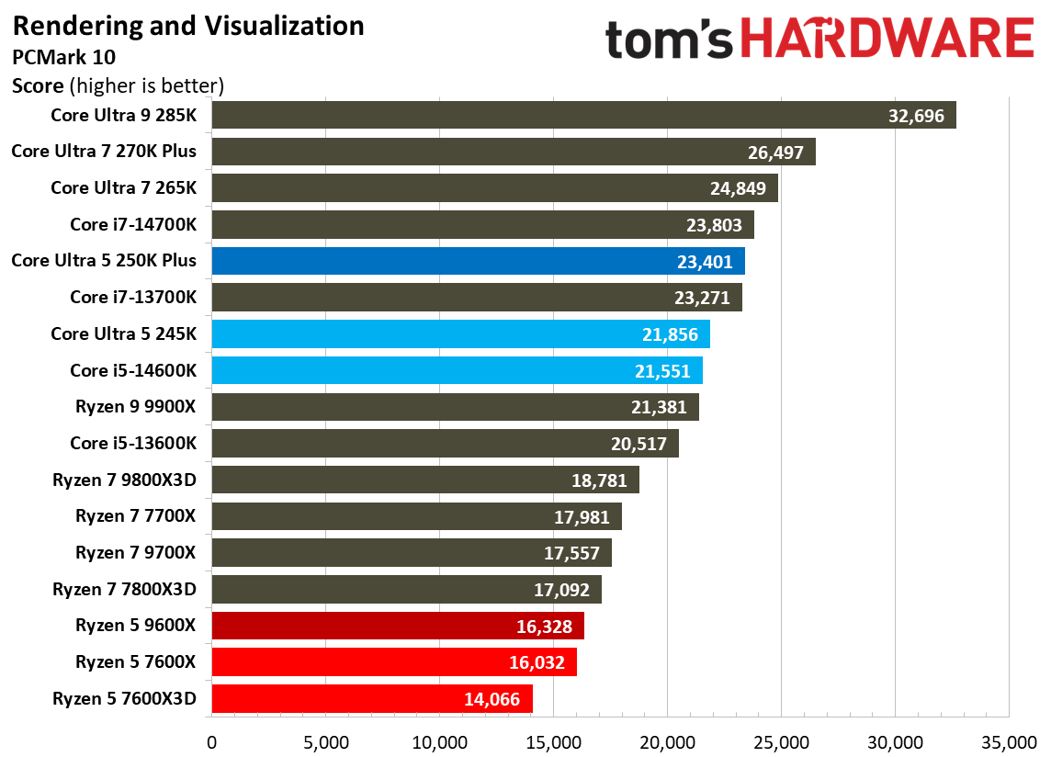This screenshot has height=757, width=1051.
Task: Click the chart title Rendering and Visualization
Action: click(188, 26)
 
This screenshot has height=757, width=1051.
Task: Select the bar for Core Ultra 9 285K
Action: click(551, 116)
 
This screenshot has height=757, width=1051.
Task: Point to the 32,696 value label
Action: click(917, 116)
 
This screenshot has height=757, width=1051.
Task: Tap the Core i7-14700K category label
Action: click(133, 225)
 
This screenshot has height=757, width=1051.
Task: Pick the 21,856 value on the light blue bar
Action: click(671, 334)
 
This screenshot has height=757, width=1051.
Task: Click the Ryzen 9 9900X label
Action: click(136, 407)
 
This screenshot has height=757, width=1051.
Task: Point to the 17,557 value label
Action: click(571, 553)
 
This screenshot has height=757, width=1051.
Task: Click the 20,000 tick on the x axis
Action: click(667, 741)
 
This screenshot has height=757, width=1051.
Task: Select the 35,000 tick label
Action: click(1009, 741)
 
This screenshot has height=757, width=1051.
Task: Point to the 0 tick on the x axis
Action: click(212, 741)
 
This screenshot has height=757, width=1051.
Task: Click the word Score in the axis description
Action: click(38, 86)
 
